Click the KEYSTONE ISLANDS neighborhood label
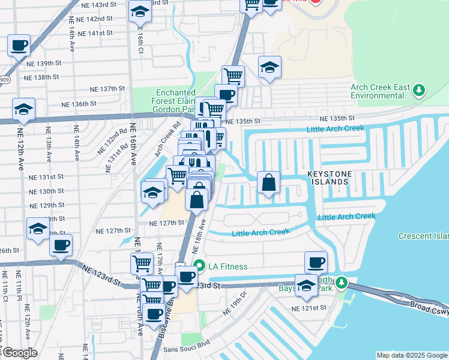(x=336, y=177)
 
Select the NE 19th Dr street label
(x=235, y=304)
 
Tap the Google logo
(x=20, y=353)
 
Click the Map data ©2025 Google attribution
(x=412, y=355)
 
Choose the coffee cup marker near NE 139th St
(x=19, y=46)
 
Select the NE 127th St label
(x=166, y=222)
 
